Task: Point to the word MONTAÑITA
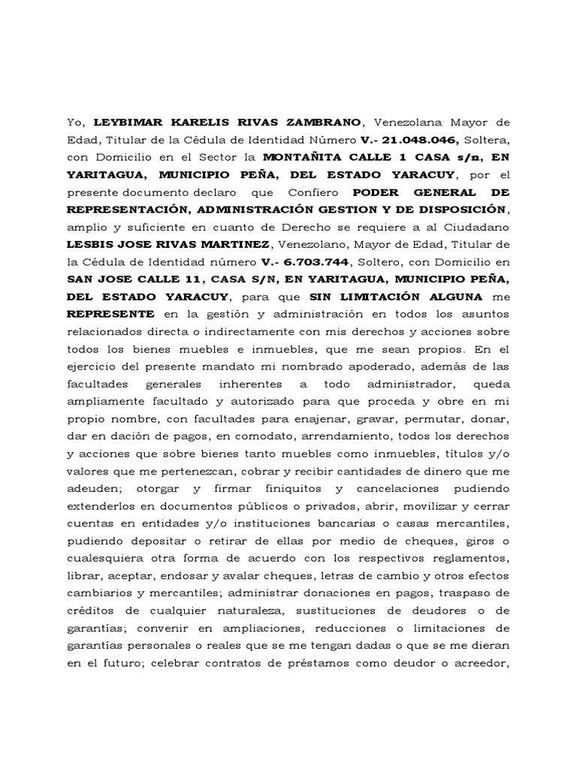[301, 157]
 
